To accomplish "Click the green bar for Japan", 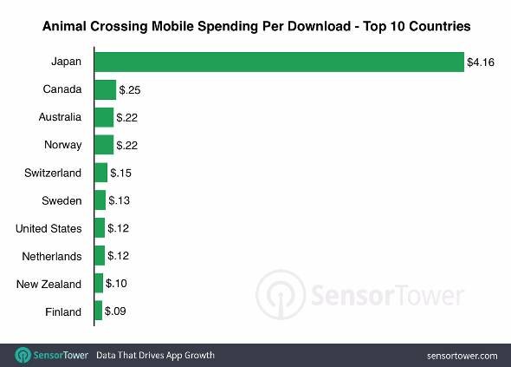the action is click(x=279, y=62).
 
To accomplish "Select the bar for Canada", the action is click(x=106, y=89).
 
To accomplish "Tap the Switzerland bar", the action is click(x=101, y=173).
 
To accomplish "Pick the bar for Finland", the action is click(x=99, y=311).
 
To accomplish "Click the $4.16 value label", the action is click(x=481, y=62).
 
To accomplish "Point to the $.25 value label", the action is click(x=130, y=89).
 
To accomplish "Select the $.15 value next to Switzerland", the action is click(x=121, y=173).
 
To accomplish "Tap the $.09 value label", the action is click(x=115, y=311).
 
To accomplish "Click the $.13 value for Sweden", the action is click(x=120, y=200).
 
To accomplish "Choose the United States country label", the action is click(x=49, y=228).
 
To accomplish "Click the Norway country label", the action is click(x=63, y=145).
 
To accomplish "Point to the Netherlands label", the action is click(x=52, y=256).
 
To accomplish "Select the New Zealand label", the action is click(x=49, y=284).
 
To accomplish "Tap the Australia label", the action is click(x=60, y=117).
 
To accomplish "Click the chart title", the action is click(x=256, y=26).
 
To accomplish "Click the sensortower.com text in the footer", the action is click(x=462, y=356).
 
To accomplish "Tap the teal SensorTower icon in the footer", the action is click(x=23, y=355).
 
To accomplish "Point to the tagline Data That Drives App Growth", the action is click(x=155, y=355).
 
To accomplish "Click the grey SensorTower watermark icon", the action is click(x=281, y=294).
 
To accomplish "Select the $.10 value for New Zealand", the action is click(x=116, y=283).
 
